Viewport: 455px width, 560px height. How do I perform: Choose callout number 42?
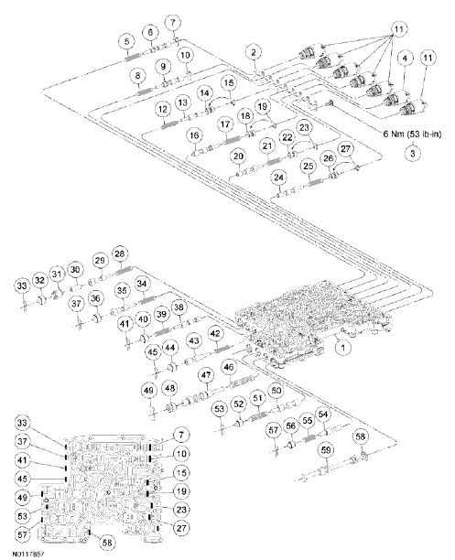[x=215, y=337]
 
